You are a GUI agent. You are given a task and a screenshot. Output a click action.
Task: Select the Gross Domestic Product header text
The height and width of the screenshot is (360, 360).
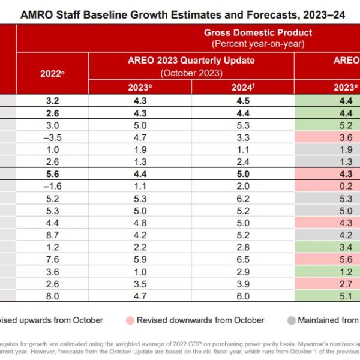[257, 32]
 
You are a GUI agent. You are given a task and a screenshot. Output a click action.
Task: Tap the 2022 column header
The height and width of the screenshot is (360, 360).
[52, 73]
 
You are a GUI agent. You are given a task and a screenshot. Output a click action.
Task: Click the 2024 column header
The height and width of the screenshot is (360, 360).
[242, 86]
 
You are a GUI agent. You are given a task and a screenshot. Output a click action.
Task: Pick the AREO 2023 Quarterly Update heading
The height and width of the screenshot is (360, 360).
[191, 60]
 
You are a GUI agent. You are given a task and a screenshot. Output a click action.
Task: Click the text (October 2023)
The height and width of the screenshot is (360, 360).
[191, 72]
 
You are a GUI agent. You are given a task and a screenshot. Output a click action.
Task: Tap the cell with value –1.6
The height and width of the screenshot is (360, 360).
[52, 186]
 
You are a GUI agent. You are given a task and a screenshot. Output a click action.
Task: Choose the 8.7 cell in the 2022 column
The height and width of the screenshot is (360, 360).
[52, 235]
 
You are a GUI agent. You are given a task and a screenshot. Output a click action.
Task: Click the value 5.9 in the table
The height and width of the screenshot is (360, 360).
[140, 260]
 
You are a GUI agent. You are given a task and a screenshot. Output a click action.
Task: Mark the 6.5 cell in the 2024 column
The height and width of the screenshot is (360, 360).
[242, 260]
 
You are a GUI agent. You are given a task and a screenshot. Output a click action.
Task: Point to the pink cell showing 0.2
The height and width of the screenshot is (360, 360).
[328, 186]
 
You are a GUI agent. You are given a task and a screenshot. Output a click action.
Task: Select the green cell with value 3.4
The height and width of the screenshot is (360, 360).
[328, 248]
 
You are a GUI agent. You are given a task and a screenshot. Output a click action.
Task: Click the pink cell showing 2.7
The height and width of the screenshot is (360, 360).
[328, 284]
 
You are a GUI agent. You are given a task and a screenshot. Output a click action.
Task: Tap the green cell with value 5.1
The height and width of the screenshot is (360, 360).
[328, 297]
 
